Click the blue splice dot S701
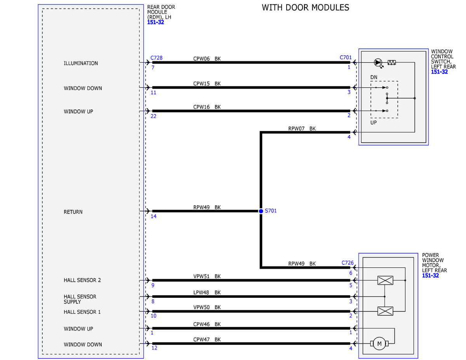click(261, 211)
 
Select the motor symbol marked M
click(379, 344)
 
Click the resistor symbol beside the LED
click(391, 63)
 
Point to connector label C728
click(156, 58)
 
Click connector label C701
click(346, 57)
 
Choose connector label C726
click(348, 263)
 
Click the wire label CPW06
click(202, 59)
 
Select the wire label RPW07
click(296, 129)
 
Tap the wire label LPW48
click(201, 292)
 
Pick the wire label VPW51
click(202, 277)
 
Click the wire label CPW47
click(202, 340)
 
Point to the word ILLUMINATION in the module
click(81, 63)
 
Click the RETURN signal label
click(73, 212)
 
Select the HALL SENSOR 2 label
click(82, 280)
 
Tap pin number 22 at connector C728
click(153, 117)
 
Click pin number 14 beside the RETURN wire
click(153, 216)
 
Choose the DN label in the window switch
click(374, 77)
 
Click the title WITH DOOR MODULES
click(305, 8)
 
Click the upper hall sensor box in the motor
click(385, 280)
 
